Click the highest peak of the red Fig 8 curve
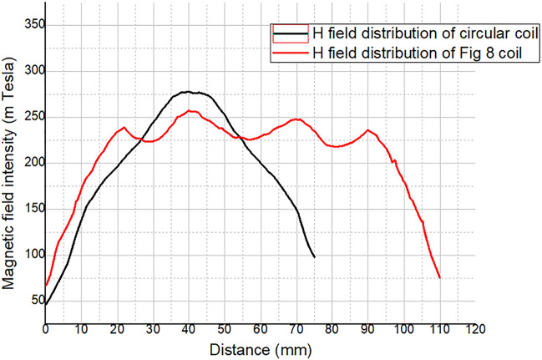191,111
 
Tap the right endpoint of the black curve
314,256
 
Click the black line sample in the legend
290,33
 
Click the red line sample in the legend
290,52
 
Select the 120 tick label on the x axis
474,330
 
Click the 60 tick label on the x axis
261,330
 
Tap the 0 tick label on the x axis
46,330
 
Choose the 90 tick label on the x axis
367,330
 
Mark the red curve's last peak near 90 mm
367,130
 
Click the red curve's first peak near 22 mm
124,128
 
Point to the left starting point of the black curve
46,304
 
